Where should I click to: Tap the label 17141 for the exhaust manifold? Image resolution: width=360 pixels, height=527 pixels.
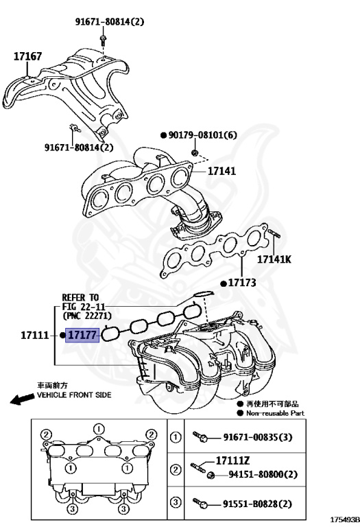[221, 171]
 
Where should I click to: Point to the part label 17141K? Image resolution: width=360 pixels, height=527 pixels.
[274, 259]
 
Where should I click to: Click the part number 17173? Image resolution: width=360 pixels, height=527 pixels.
[241, 283]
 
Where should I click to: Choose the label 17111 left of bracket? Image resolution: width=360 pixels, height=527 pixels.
[34, 336]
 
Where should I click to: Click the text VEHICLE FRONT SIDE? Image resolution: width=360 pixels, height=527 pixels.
[73, 396]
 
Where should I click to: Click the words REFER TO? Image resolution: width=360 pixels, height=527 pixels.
[80, 297]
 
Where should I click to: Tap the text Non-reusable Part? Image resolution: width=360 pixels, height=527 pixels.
[276, 413]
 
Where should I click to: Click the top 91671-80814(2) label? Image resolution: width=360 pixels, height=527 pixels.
[110, 22]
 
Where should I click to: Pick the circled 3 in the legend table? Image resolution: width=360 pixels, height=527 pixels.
[176, 504]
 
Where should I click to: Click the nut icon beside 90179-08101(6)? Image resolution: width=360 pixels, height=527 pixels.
[195, 150]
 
